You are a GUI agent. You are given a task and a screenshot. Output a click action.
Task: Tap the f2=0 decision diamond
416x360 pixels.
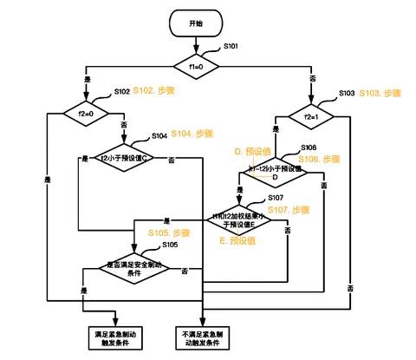tap(84, 112)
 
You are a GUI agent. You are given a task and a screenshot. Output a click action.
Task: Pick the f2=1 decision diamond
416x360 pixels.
tap(309, 113)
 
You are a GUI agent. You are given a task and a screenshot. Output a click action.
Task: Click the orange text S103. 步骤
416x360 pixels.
tap(381, 93)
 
